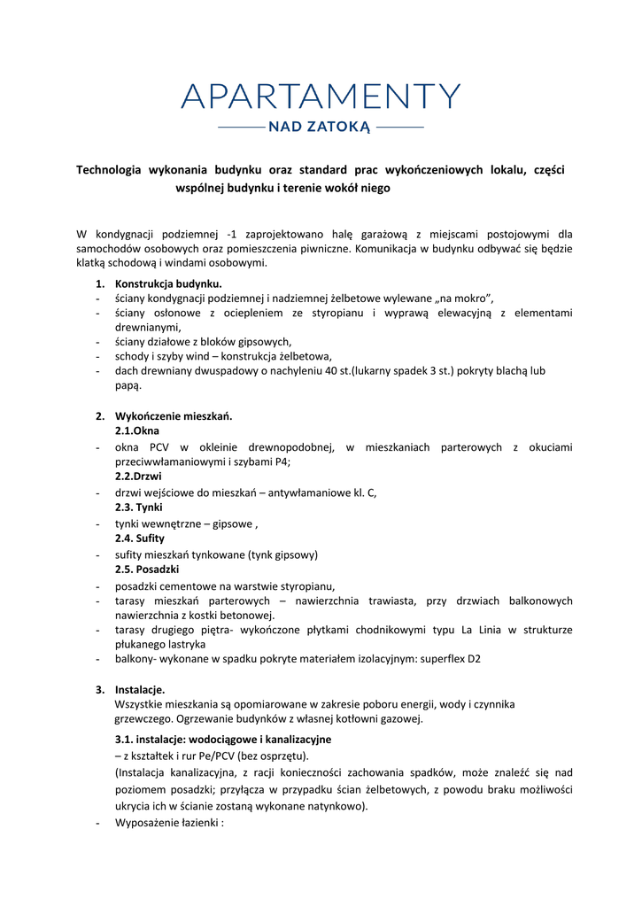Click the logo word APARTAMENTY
click(321, 97)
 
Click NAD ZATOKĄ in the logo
click(321, 128)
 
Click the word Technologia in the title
click(109, 169)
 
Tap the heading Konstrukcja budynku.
click(168, 283)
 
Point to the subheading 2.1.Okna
click(138, 430)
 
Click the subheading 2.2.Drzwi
click(138, 477)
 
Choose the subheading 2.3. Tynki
click(139, 508)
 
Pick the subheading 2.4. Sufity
click(140, 539)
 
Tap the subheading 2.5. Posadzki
click(148, 570)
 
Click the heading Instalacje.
click(140, 689)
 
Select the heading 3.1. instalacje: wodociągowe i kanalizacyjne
click(223, 739)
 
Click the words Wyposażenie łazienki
click(167, 823)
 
